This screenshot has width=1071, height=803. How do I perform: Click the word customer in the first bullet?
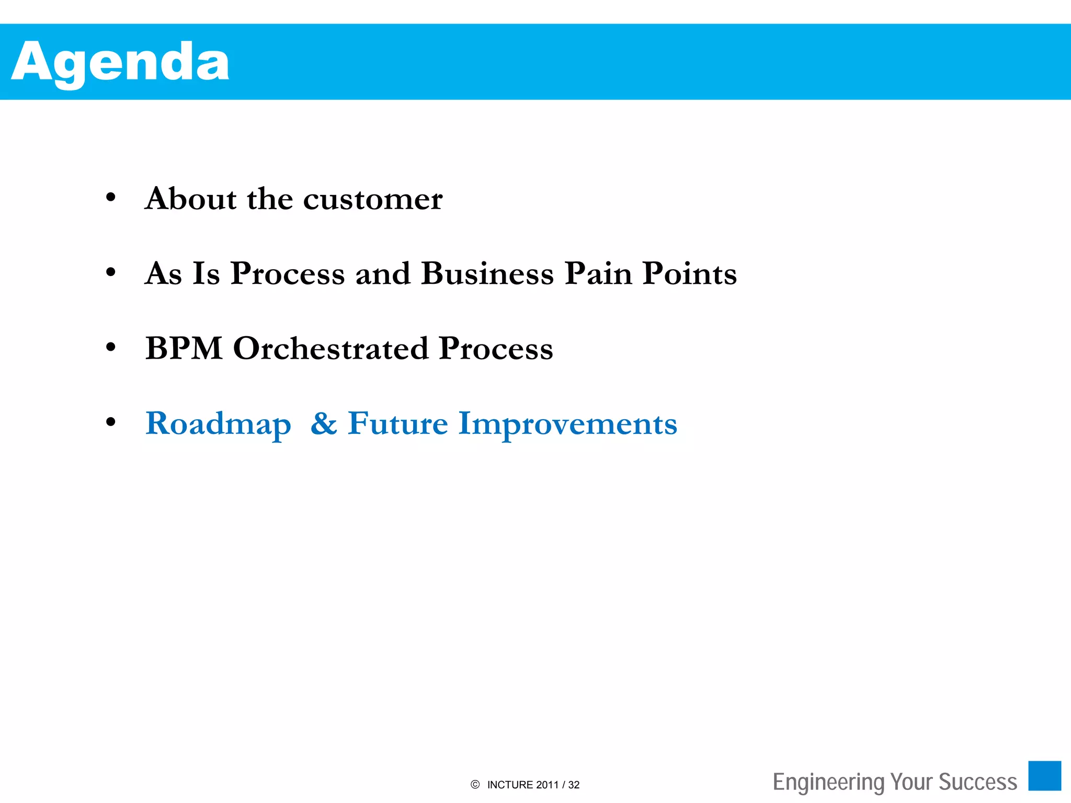[x=373, y=199]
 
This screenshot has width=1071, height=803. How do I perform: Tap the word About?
[x=191, y=199]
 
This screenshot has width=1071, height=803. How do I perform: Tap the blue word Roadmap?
[x=218, y=424]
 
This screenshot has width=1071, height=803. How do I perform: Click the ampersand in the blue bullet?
[x=324, y=423]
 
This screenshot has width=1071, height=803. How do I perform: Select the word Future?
[x=398, y=423]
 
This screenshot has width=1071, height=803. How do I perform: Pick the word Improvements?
[x=568, y=424]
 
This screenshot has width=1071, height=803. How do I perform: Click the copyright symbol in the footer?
[x=475, y=785]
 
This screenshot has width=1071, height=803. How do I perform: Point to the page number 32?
[x=574, y=785]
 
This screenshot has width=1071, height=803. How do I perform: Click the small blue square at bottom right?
[x=1044, y=776]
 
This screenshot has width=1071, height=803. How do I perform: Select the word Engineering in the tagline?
[x=828, y=782]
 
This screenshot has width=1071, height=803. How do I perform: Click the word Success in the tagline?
[x=978, y=782]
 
